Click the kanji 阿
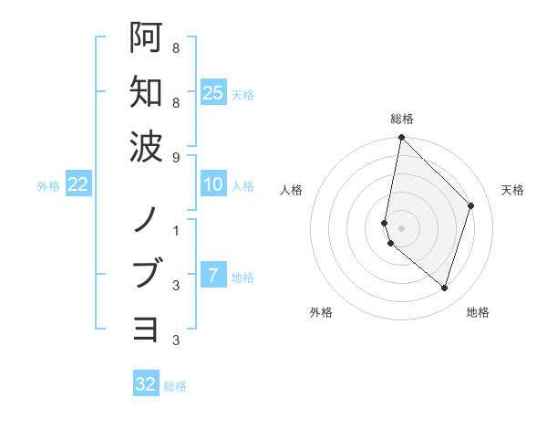[x=146, y=37]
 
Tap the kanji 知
[x=146, y=91]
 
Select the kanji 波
[x=146, y=145]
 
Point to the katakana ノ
[x=146, y=220]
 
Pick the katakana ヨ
[x=146, y=328]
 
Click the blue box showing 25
[x=212, y=92]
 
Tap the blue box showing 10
[x=212, y=185]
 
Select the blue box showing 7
[x=212, y=276]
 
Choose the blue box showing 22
[x=78, y=185]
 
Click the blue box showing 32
[x=146, y=384]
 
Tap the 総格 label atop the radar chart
[x=402, y=119]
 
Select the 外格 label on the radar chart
[x=321, y=312]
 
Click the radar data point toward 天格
[x=471, y=205]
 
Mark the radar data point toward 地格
[x=444, y=288]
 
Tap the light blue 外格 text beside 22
[x=48, y=186]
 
